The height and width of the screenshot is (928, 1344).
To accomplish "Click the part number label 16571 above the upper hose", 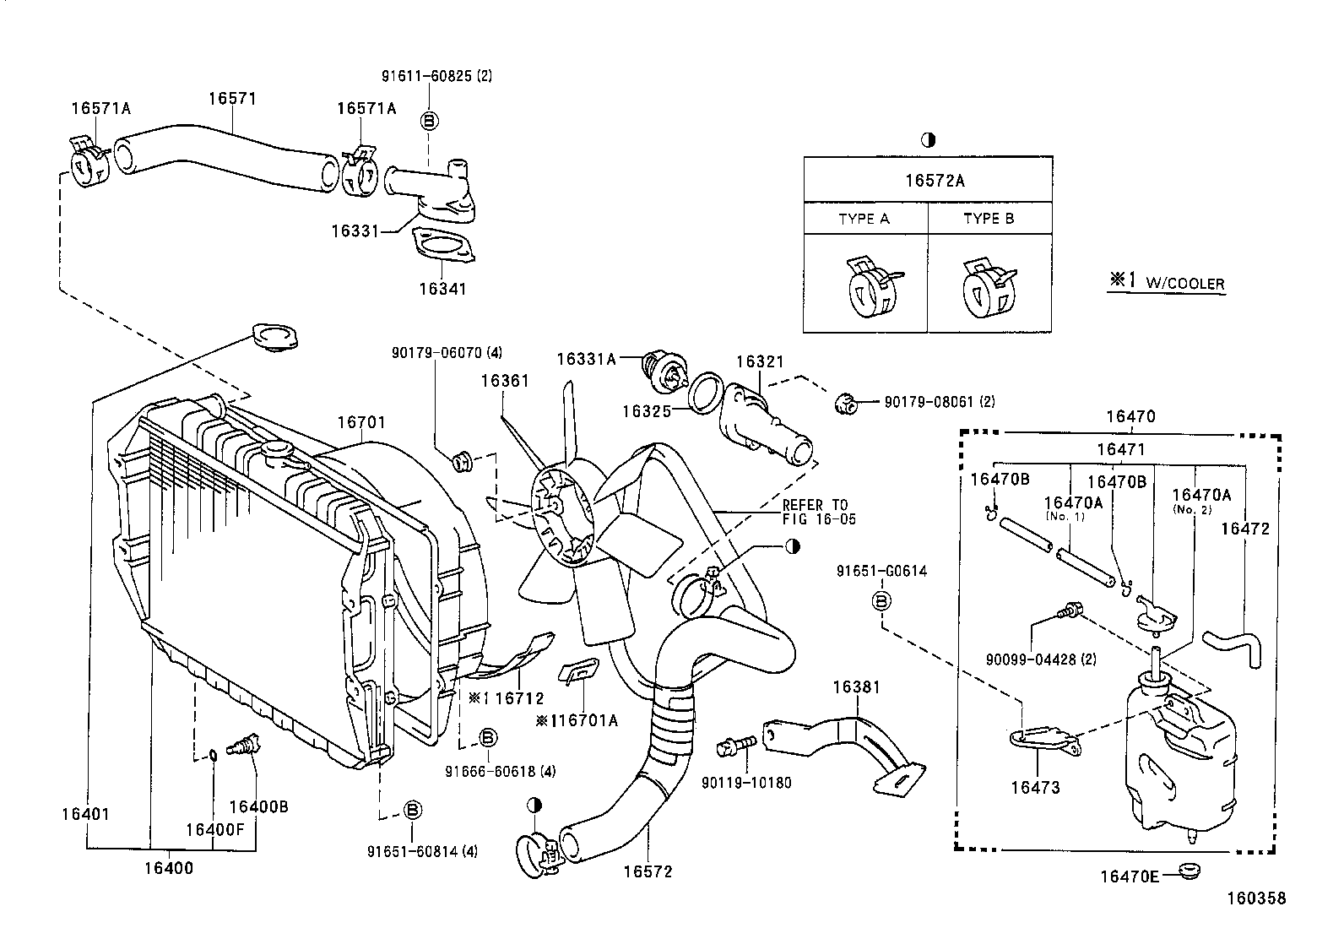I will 232,99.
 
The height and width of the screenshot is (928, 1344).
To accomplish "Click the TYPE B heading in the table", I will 989,219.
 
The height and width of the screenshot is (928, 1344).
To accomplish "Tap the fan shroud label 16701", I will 361,422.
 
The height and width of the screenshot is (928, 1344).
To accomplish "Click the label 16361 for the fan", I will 505,381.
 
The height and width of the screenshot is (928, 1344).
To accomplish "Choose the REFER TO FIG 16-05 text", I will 815,513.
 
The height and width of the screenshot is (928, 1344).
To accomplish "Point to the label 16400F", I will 214,829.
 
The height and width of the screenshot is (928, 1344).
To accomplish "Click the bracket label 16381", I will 856,687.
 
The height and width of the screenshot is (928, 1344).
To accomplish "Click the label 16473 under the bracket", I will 1035,788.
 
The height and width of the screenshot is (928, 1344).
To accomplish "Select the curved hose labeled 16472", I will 1237,645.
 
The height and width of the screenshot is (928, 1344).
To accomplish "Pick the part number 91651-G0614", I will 881,571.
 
